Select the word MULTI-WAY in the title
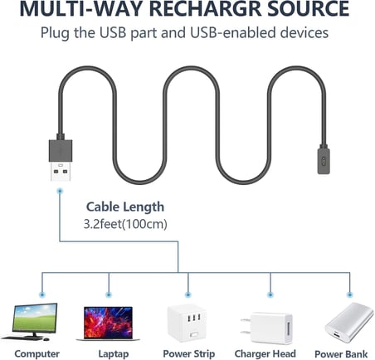81,8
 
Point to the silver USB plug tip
61,171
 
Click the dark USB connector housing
61,150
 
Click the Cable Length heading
125,207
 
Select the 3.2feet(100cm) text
125,224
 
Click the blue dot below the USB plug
60,191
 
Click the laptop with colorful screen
108,324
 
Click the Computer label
37,354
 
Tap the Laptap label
114,354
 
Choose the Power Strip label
189,354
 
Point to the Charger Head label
265,354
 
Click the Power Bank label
341,354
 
